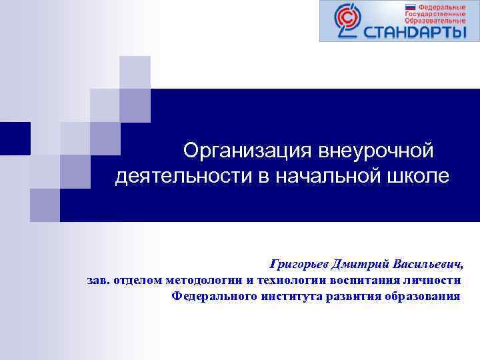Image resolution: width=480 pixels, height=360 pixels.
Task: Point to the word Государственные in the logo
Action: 437,13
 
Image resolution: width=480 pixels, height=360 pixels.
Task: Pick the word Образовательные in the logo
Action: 437,20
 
